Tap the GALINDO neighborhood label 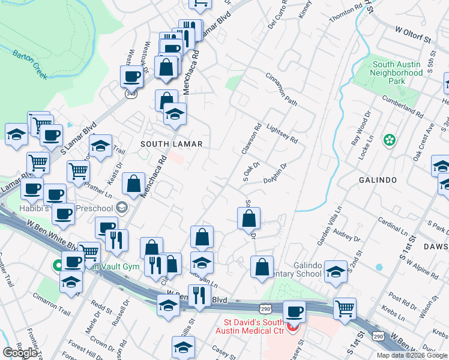click(376, 180)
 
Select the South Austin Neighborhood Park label click(397, 72)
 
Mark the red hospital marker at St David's click(293, 328)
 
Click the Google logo click(20, 353)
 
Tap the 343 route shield click(131, 94)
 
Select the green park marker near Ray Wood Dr click(390, 140)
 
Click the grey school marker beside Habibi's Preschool click(122, 208)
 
